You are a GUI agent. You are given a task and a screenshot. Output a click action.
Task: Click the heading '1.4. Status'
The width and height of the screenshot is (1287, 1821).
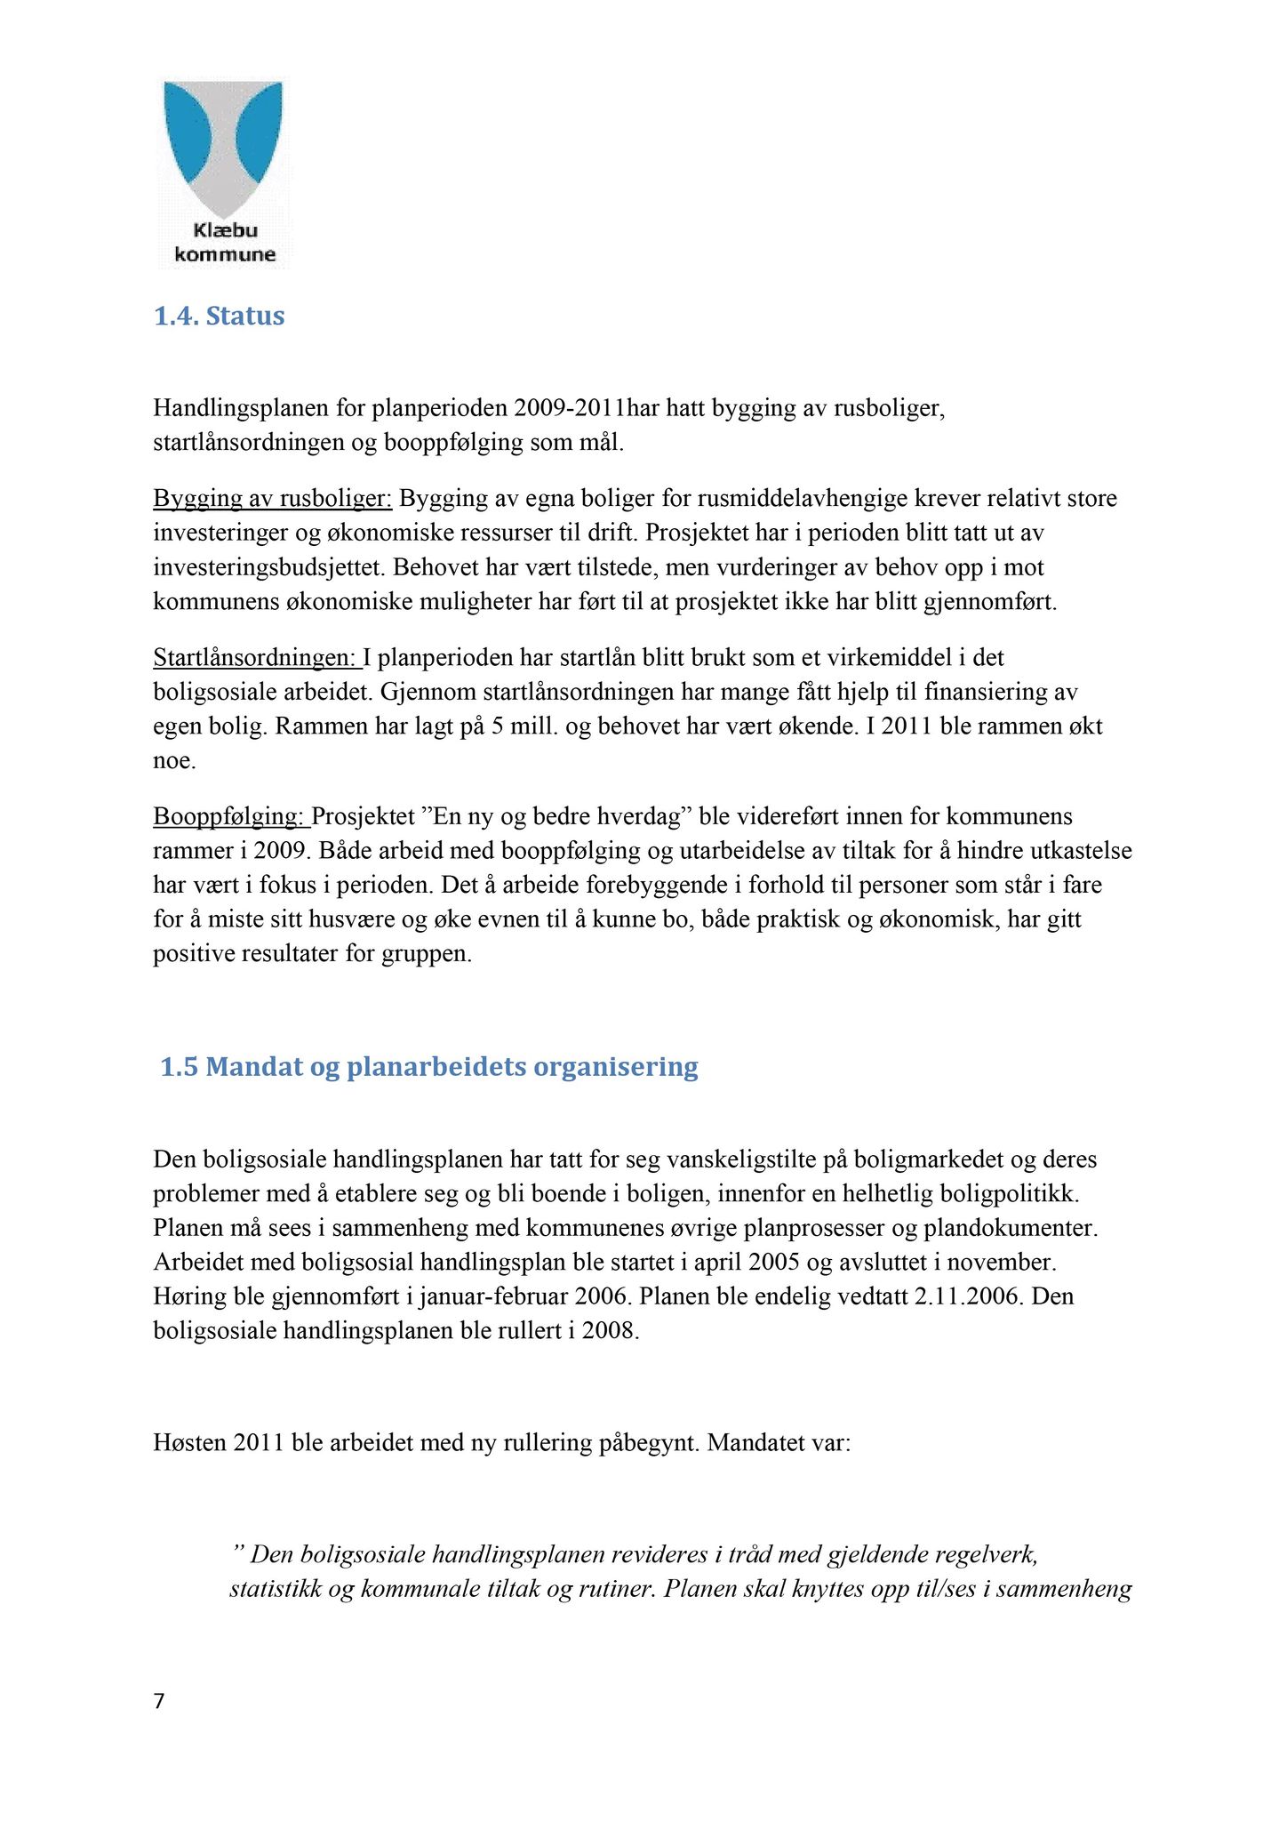point(219,317)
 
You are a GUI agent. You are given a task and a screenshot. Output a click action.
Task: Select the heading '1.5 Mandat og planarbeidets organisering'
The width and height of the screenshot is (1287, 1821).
point(429,1067)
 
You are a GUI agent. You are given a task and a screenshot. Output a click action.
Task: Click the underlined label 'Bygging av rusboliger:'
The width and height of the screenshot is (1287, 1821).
point(272,498)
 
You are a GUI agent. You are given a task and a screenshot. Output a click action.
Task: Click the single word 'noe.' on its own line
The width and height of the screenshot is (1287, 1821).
point(174,761)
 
